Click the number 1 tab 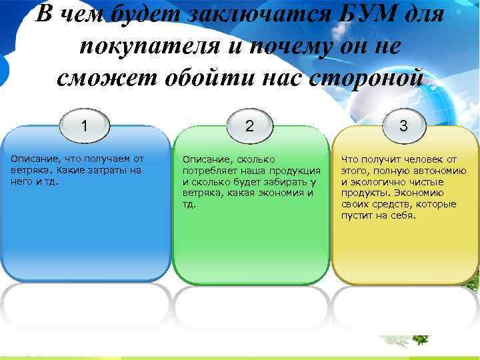85,125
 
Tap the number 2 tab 249,125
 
